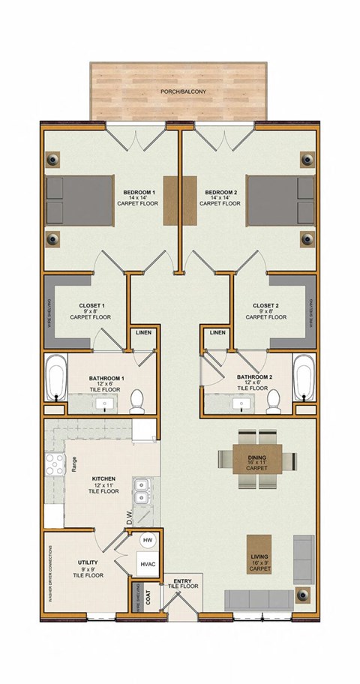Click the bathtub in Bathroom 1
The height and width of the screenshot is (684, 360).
55,380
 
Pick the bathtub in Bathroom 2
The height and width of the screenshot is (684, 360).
304,380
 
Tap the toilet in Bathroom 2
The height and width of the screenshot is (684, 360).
274,403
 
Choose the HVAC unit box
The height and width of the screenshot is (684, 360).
147,566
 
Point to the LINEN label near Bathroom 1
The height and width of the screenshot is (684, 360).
142,332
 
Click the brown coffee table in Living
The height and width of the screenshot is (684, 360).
259,556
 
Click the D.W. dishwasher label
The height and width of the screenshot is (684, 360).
129,518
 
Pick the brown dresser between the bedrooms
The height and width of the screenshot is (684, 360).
179,201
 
